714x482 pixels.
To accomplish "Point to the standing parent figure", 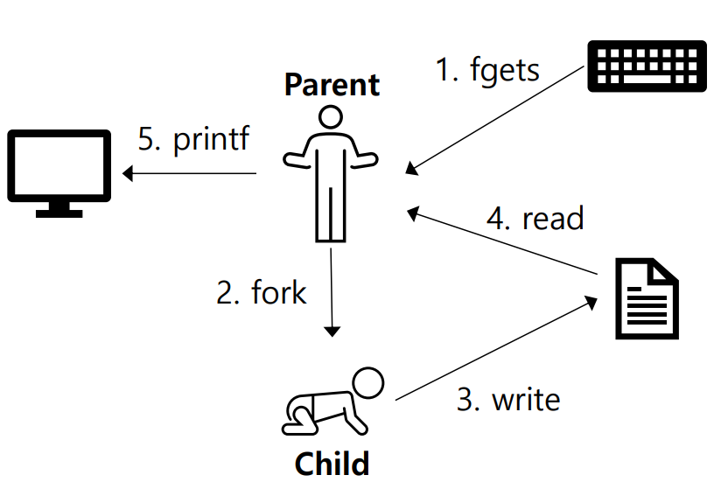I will point(330,175).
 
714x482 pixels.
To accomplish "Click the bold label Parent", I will point(332,85).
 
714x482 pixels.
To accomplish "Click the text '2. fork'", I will point(262,291).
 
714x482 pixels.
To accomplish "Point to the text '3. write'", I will point(508,399).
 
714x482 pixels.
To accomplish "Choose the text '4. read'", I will point(535,218).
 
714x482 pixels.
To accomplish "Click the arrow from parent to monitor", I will point(189,173).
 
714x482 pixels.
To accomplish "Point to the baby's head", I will point(367,382).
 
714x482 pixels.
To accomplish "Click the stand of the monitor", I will point(59,209).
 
